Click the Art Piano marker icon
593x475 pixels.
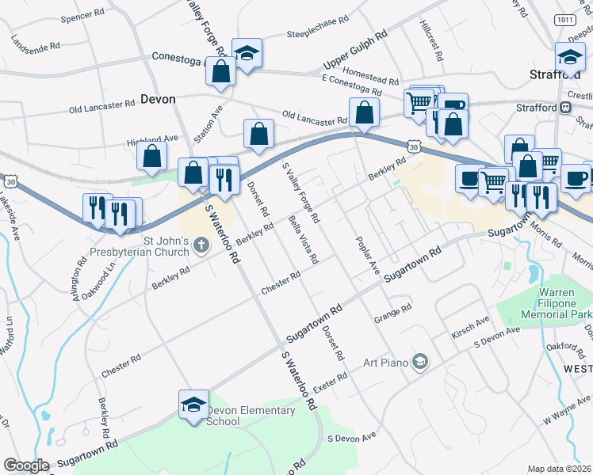pos(419,363)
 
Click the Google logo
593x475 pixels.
pos(26,465)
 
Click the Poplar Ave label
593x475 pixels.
pos(369,255)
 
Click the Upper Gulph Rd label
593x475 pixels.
pos(354,51)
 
